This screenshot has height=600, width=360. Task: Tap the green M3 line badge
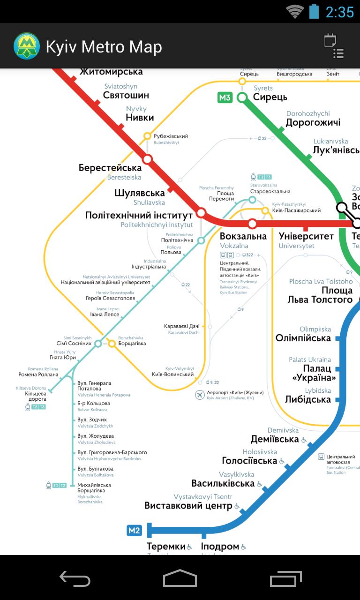point(225,97)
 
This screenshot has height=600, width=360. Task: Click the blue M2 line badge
point(134,530)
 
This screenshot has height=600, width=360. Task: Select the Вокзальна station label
point(243,236)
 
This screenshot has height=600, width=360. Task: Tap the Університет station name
point(306,236)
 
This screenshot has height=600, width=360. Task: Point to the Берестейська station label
point(110,168)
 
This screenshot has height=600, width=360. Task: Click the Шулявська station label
point(140,193)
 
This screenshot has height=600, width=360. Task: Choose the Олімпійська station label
point(303,338)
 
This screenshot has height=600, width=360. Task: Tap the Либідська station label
point(307,399)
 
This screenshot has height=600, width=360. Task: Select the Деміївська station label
point(275,439)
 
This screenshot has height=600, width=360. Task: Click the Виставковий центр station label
point(188,506)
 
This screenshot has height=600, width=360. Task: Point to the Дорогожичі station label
point(313,123)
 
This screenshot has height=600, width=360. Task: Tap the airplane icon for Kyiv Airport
point(200,395)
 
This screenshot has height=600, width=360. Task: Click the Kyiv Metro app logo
point(27,46)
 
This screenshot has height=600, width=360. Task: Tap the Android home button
point(180,578)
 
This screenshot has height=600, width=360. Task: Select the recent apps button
point(286,578)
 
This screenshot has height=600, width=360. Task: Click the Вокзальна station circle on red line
point(252,223)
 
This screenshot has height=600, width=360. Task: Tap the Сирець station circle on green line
point(242,97)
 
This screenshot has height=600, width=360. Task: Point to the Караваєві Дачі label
point(182,326)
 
